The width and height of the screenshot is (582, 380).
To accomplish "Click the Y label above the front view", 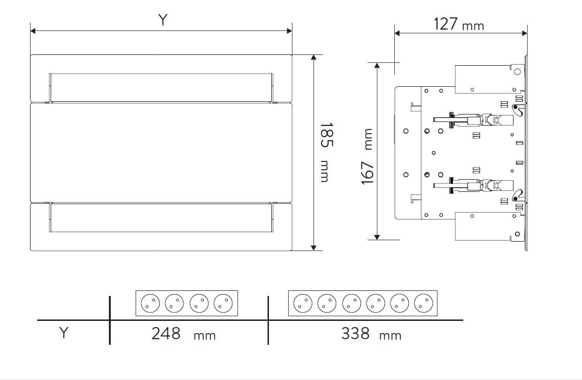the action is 163,20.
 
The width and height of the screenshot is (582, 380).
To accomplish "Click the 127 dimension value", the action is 445,24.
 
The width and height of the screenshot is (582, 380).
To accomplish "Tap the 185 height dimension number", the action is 326,135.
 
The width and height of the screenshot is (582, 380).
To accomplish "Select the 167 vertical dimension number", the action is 367,173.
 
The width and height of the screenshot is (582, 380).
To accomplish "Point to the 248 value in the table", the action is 166,334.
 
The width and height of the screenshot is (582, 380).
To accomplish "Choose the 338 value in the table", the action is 355,334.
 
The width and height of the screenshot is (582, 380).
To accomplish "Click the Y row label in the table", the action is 64,333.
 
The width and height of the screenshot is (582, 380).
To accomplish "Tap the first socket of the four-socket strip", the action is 150,303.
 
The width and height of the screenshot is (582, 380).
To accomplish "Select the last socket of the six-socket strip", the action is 423,303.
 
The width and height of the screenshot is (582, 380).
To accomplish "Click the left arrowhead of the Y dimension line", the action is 33,31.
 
